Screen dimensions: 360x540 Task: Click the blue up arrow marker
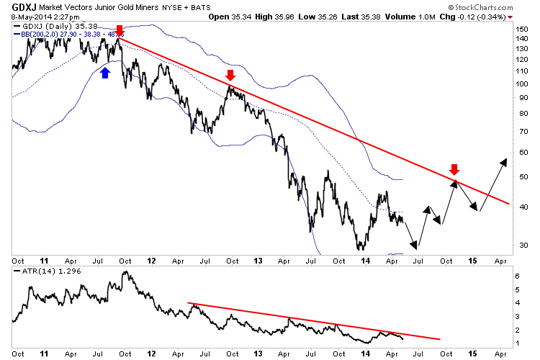pyautogui.click(x=105, y=72)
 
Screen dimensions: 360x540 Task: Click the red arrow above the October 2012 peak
pyautogui.click(x=230, y=75)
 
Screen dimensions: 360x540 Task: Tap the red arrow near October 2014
pyautogui.click(x=454, y=169)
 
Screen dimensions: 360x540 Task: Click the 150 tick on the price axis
pyautogui.click(x=523, y=28)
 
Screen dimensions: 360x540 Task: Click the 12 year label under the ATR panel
pyautogui.click(x=153, y=354)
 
